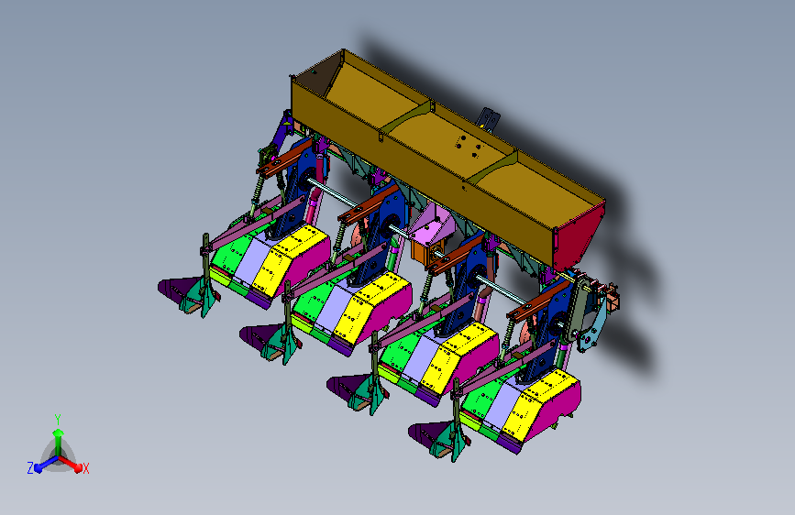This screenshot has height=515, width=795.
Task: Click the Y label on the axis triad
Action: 58,419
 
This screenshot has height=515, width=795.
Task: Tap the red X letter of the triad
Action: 85,468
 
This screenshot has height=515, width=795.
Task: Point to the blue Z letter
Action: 30,468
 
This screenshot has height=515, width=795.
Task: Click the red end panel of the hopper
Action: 580,238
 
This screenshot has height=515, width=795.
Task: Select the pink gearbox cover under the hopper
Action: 431,224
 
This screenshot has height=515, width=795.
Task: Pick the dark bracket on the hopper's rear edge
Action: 490,120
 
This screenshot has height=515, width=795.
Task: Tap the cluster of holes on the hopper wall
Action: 469,146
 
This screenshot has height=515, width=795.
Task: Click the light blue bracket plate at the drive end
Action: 592,324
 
